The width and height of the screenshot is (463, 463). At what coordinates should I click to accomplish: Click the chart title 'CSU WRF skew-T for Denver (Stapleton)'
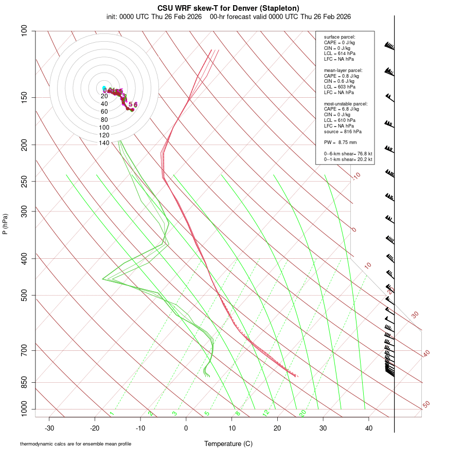click(x=228, y=8)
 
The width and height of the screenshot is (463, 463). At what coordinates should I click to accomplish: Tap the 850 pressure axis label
click(x=24, y=382)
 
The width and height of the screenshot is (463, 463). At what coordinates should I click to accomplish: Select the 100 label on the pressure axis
click(x=24, y=31)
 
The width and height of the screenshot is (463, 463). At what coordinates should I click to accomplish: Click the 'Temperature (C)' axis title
click(x=228, y=443)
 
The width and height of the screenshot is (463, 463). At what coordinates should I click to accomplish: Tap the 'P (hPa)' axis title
click(x=5, y=224)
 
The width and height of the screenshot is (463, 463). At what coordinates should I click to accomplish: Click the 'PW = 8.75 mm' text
click(x=340, y=143)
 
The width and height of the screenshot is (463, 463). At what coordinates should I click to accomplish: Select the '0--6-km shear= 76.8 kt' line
click(x=348, y=154)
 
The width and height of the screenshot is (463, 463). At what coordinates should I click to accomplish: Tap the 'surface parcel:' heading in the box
click(x=340, y=37)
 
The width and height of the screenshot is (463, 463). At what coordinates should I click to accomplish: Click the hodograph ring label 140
click(x=104, y=143)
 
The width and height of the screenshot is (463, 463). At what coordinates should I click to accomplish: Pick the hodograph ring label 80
click(x=104, y=119)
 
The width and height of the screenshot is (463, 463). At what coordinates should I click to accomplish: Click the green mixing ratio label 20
click(x=302, y=413)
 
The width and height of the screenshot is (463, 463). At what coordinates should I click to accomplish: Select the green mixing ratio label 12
click(x=266, y=413)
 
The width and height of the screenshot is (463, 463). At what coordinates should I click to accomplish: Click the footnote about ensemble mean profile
click(x=76, y=444)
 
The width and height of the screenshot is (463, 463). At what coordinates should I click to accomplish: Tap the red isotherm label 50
click(x=426, y=405)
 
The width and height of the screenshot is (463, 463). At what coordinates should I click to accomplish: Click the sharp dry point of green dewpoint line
click(x=102, y=279)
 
